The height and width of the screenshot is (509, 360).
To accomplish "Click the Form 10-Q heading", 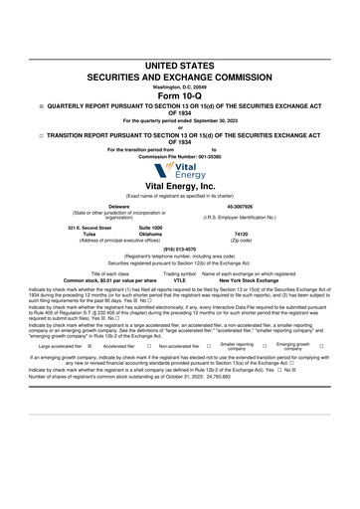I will pyautogui.click(x=180, y=94).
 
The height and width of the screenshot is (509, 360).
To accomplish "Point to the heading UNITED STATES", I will pyautogui.click(x=180, y=65).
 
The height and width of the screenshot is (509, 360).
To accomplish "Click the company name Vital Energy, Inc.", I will pyautogui.click(x=180, y=186).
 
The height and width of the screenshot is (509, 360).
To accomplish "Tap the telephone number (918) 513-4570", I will pyautogui.click(x=180, y=249).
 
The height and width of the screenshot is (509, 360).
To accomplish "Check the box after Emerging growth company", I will pyautogui.click(x=321, y=347).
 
